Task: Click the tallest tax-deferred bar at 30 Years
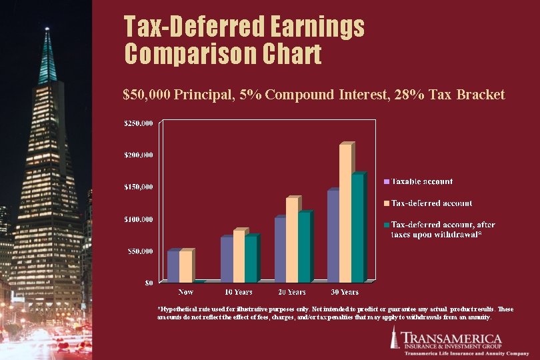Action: [345, 213]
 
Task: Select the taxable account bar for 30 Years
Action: [333, 237]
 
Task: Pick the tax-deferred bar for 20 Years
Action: [291, 240]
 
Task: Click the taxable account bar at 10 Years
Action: [227, 259]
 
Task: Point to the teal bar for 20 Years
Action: [303, 247]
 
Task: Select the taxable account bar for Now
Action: [173, 267]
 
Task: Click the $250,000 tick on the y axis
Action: [139, 123]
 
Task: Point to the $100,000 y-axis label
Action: [139, 219]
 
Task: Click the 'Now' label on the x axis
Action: [186, 292]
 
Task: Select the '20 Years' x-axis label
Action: [291, 292]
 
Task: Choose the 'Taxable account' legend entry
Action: [422, 181]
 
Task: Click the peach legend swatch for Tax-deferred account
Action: [386, 203]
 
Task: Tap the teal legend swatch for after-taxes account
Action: [386, 225]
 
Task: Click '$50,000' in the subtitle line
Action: [147, 95]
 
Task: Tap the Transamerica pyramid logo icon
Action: [396, 338]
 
